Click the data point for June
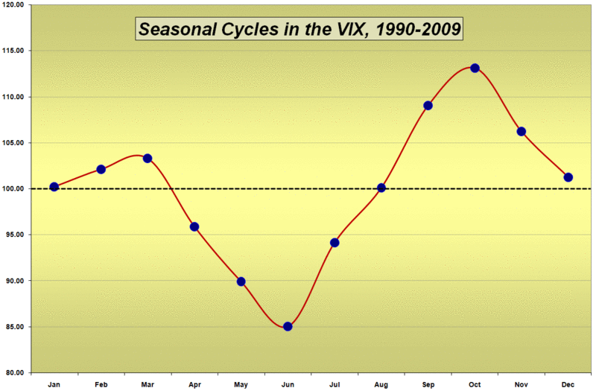[x=288, y=326]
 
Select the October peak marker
[x=475, y=68]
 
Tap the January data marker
[x=54, y=187]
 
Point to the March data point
[x=148, y=158]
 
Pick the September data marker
[x=428, y=105]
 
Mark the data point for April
[x=194, y=226]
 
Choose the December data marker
[x=568, y=177]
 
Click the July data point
[x=335, y=243]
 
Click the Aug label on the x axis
[x=381, y=384]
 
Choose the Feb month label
[x=101, y=384]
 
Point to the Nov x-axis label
[x=521, y=384]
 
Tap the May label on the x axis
[x=241, y=384]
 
